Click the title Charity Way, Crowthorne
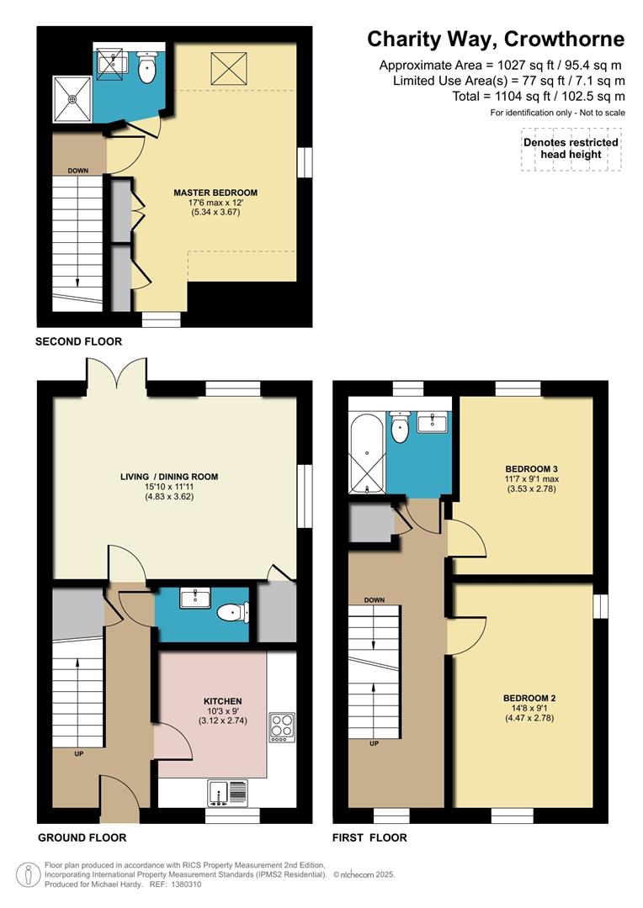pyautogui.click(x=496, y=40)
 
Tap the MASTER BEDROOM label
pyautogui.click(x=215, y=193)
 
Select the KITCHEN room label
pyautogui.click(x=223, y=700)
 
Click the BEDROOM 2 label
pyautogui.click(x=529, y=698)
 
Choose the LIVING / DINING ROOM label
pyautogui.click(x=168, y=477)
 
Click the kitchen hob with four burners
pyautogui.click(x=281, y=726)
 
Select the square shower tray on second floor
pyautogui.click(x=72, y=98)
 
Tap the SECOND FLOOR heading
pyautogui.click(x=78, y=341)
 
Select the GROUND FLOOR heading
pyautogui.click(x=82, y=837)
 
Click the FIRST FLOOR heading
pyautogui.click(x=370, y=837)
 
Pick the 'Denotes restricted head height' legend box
pyautogui.click(x=571, y=149)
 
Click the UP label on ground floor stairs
pyautogui.click(x=78, y=753)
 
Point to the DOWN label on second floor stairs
pyautogui.click(x=78, y=171)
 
